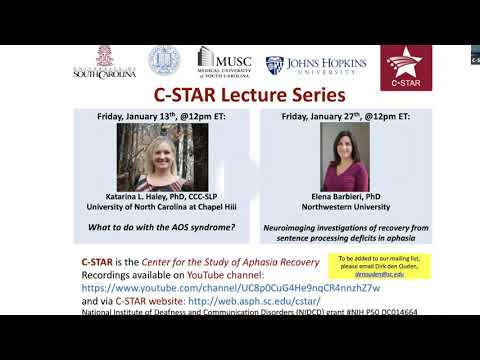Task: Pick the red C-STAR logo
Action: point(406,66)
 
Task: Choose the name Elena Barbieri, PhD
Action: point(345,201)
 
